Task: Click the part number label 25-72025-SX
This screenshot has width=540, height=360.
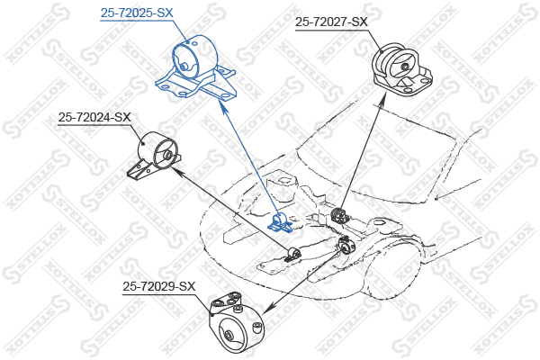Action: pyautogui.click(x=137, y=13)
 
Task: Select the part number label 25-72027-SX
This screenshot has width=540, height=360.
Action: pyautogui.click(x=331, y=22)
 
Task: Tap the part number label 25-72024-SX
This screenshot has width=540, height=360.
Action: pyautogui.click(x=94, y=118)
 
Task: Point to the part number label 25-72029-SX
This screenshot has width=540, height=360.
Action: pyautogui.click(x=158, y=286)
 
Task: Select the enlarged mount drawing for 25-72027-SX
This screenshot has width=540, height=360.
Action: pyautogui.click(x=401, y=70)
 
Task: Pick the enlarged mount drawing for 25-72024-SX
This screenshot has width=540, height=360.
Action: pyautogui.click(x=154, y=155)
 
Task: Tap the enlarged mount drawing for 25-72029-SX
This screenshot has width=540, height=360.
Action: pyautogui.click(x=236, y=323)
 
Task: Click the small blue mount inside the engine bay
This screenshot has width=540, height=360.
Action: pyautogui.click(x=280, y=223)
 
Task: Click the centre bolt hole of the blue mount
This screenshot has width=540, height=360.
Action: pyautogui.click(x=184, y=66)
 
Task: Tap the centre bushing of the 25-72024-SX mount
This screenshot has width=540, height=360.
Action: pyautogui.click(x=167, y=155)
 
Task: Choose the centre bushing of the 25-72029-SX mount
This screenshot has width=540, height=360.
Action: pyautogui.click(x=228, y=336)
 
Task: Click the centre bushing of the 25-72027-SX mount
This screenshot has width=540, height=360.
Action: pyautogui.click(x=404, y=65)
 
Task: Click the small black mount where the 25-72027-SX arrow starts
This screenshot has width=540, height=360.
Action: pyautogui.click(x=340, y=215)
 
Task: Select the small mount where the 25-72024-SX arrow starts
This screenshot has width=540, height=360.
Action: pyautogui.click(x=293, y=254)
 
